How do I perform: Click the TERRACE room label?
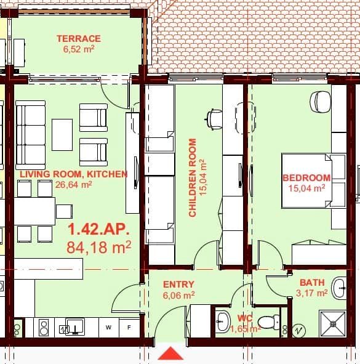click(x=79, y=38)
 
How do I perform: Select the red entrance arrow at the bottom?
click(x=170, y=354)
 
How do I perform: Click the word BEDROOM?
click(x=306, y=178)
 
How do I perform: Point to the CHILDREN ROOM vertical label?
click(x=193, y=177)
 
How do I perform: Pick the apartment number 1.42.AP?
click(x=98, y=230)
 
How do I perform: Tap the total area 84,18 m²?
click(x=99, y=248)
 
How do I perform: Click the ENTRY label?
click(x=178, y=285)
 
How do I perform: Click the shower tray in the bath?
click(x=332, y=324)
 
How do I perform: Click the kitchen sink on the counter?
click(x=74, y=326)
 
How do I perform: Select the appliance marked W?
click(x=108, y=327)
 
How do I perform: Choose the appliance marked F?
click(x=129, y=327)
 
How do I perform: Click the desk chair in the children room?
click(x=214, y=118)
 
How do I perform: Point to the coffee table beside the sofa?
click(x=62, y=134)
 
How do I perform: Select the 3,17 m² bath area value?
click(x=313, y=293)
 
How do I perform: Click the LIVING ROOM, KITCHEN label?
click(x=73, y=174)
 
